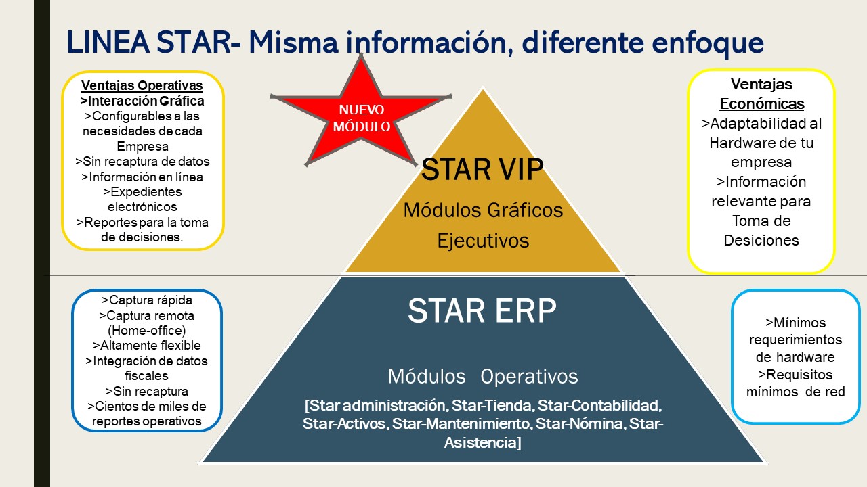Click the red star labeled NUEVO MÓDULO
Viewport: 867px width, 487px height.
[x=360, y=116]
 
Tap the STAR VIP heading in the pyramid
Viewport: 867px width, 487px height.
[x=482, y=170]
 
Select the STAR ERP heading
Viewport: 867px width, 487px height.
[x=482, y=310]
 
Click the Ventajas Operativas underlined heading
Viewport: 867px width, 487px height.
[x=142, y=86]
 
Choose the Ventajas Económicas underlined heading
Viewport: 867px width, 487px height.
[x=761, y=94]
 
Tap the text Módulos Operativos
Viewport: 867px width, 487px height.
[x=483, y=377]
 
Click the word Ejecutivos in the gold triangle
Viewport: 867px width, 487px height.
[x=483, y=241]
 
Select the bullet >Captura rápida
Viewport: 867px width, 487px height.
[x=146, y=300]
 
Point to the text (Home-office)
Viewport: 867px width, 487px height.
[x=146, y=331]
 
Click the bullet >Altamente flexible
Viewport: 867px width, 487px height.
[x=146, y=346]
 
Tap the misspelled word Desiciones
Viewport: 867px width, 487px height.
[x=761, y=240]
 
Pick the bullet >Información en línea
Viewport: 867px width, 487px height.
[x=142, y=177]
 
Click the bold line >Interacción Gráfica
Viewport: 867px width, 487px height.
[x=142, y=101]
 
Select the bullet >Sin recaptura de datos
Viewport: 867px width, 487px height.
[x=142, y=162]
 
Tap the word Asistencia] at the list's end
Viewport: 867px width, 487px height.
[x=483, y=443]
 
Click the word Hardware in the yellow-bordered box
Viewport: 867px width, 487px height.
[x=761, y=143]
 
